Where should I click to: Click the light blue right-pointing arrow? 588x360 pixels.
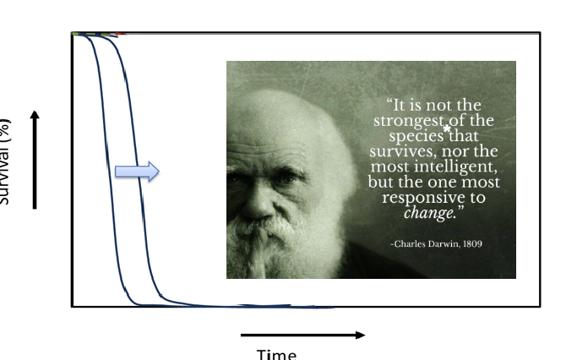pos(137,172)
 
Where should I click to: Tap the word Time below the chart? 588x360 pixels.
pos(276,354)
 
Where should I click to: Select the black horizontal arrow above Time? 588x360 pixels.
pos(302,335)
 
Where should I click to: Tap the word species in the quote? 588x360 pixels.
pos(416,136)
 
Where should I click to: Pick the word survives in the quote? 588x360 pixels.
pos(395,151)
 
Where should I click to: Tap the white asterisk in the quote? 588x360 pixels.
pos(446,129)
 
